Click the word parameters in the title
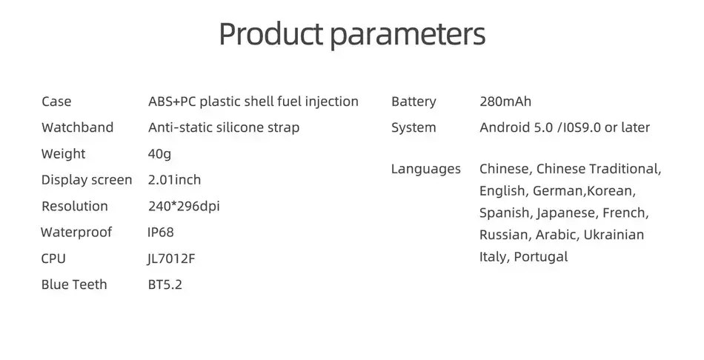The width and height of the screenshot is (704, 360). pyautogui.click(x=408, y=36)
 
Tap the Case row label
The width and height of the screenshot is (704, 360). pyautogui.click(x=56, y=101)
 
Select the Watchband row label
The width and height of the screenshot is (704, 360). pyautogui.click(x=77, y=127)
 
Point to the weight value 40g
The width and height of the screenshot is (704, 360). pyautogui.click(x=159, y=154)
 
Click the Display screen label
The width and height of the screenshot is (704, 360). pyautogui.click(x=87, y=180)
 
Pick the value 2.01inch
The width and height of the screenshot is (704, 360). pyautogui.click(x=174, y=180)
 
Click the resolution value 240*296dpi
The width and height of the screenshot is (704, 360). pyautogui.click(x=184, y=206)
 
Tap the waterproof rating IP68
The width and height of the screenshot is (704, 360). pyautogui.click(x=160, y=232)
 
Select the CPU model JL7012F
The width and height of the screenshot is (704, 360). pyautogui.click(x=171, y=259)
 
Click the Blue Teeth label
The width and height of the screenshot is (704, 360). pyautogui.click(x=74, y=284)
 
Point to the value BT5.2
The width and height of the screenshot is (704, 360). pyautogui.click(x=165, y=284)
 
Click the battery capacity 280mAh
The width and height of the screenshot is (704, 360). pyautogui.click(x=505, y=101)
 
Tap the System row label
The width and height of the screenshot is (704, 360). pyautogui.click(x=414, y=128)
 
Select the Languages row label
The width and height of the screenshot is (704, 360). pyautogui.click(x=425, y=169)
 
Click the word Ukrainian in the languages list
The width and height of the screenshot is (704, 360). pyautogui.click(x=614, y=235)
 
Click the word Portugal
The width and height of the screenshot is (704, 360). pyautogui.click(x=540, y=257)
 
